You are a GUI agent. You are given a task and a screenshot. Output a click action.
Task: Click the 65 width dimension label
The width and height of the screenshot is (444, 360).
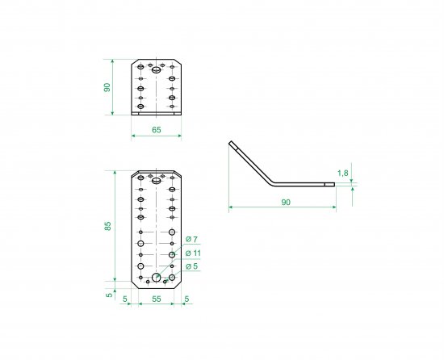point(157,130)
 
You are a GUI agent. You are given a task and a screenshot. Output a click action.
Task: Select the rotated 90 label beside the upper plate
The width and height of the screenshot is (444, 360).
point(107,87)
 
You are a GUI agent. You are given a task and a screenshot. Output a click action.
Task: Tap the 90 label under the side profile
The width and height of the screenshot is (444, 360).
point(286,203)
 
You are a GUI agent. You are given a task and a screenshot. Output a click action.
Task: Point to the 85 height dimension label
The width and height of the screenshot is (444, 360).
point(108,226)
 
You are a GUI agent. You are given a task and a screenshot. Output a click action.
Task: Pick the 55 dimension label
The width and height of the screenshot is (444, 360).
point(157,299)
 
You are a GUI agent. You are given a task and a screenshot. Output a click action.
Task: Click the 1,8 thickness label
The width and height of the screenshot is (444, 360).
point(343,173)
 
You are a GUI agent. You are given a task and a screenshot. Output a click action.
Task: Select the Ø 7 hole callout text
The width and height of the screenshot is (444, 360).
point(191,240)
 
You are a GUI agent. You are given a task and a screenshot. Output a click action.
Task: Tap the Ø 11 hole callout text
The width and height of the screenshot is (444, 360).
point(193,253)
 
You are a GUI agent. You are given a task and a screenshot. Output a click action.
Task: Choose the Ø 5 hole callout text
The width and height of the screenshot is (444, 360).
point(191,266)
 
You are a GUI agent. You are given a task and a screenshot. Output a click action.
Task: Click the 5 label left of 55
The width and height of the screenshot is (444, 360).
point(125,299)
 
